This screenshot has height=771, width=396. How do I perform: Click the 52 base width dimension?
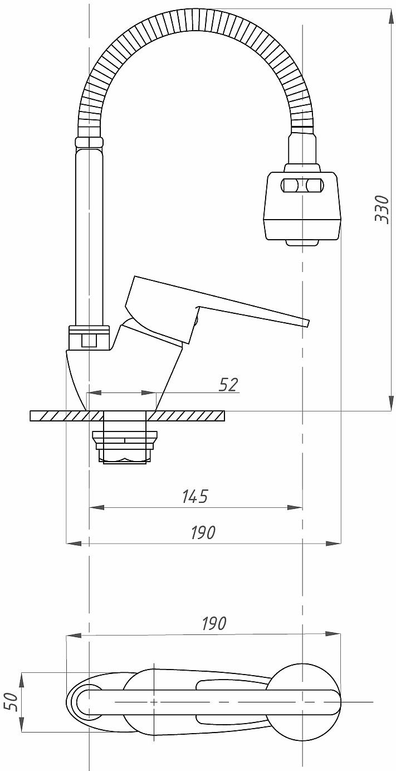point(228,385)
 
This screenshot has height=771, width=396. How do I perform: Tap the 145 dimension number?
point(195,496)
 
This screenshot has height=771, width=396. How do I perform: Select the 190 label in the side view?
point(203,532)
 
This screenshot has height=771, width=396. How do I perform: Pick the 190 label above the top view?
point(214,623)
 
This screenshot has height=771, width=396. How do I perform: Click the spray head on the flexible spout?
point(303,205)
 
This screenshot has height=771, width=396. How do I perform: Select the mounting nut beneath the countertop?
point(125,448)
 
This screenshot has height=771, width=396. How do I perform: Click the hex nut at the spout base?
point(89,338)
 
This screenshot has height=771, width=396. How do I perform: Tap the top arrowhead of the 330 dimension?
point(391,17)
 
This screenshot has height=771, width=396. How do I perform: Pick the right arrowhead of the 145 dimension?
point(295,507)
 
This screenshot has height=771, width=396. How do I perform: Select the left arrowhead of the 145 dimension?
point(96,507)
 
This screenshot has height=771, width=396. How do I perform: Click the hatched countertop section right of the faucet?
point(187,416)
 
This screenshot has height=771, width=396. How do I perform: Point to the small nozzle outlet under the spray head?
point(302,243)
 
